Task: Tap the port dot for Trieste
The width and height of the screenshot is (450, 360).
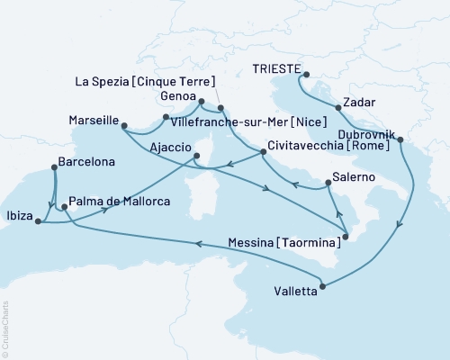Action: pyautogui.click(x=306, y=76)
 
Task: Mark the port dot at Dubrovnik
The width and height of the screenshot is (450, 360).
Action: pyautogui.click(x=400, y=140)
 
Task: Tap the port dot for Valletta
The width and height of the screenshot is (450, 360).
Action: pyautogui.click(x=321, y=286)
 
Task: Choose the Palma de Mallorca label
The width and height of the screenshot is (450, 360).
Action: pyautogui.click(x=120, y=204)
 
